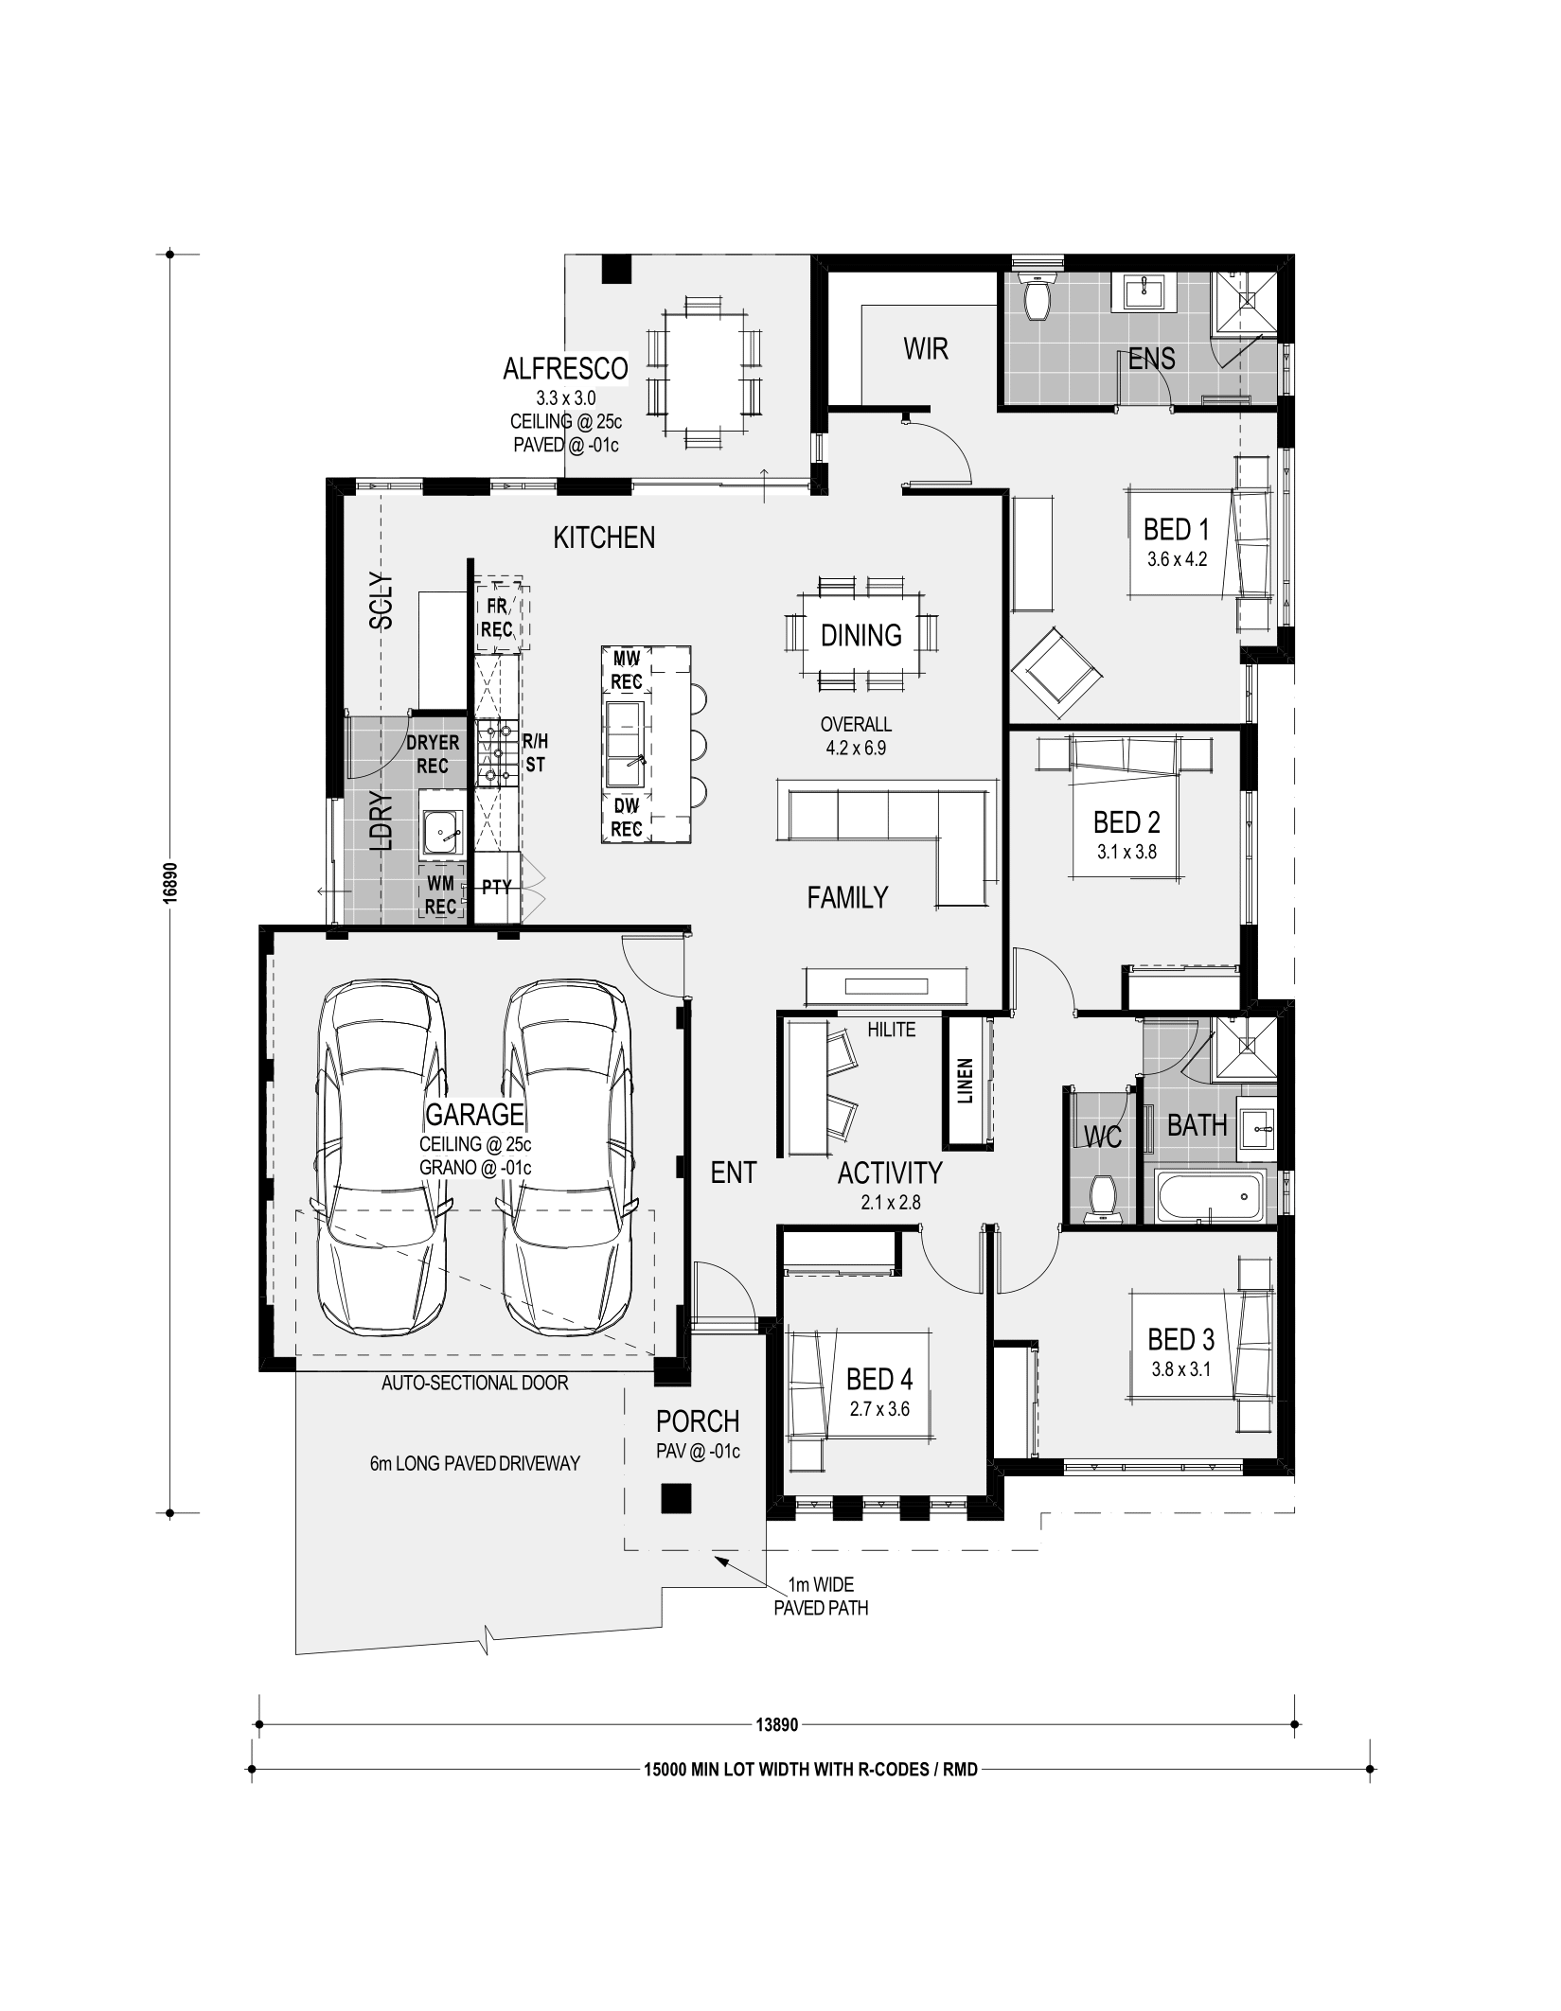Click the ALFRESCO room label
pyautogui.click(x=565, y=368)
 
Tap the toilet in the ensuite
pyautogui.click(x=1038, y=297)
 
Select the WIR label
pyautogui.click(x=926, y=349)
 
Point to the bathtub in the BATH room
pyautogui.click(x=1210, y=1195)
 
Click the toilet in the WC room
pyautogui.click(x=1101, y=1198)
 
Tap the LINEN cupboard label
pyautogui.click(x=966, y=1081)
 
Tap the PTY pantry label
pyautogui.click(x=496, y=888)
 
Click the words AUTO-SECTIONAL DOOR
pyautogui.click(x=475, y=1383)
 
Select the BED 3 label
pyautogui.click(x=1180, y=1339)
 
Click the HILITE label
pyautogui.click(x=892, y=1030)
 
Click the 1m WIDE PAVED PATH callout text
pyautogui.click(x=821, y=1596)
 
